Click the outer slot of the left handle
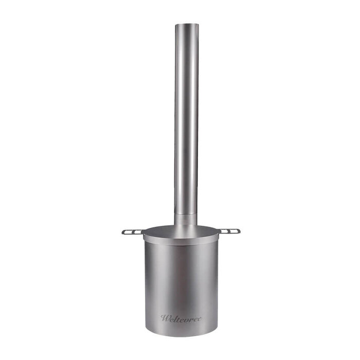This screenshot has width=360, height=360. click(x=129, y=232)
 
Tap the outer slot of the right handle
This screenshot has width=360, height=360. click(x=235, y=230)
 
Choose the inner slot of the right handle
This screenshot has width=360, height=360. click(x=226, y=230)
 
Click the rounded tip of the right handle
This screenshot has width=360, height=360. click(x=240, y=230)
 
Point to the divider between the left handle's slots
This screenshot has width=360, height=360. click(x=133, y=232)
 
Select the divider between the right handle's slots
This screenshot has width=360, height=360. click(x=230, y=230)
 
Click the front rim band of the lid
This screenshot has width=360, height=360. click(x=181, y=240)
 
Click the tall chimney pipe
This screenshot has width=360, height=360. click(x=186, y=113)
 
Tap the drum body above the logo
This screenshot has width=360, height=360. click(x=181, y=278)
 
